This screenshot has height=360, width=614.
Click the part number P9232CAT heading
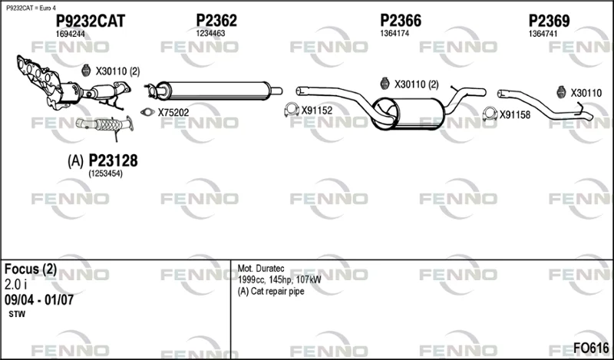91,21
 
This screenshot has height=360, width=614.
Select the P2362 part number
216,21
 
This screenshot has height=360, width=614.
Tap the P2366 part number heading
401,21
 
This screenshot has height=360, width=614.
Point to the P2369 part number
549,21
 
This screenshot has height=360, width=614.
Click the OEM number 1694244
70,34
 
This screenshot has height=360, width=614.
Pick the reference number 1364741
543,34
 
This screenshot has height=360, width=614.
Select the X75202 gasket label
173,113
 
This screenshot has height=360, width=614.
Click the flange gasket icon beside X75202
147,112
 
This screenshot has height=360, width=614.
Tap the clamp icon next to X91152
292,110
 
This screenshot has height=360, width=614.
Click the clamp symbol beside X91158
490,114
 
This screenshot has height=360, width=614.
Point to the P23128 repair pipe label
113,160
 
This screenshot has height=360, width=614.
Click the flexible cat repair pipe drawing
105,125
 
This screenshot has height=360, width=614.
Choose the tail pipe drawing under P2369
545,106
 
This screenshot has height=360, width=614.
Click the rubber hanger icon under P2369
561,92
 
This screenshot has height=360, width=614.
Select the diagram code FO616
591,348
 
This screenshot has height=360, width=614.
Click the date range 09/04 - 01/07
39,300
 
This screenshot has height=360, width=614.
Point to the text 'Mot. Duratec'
261,269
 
